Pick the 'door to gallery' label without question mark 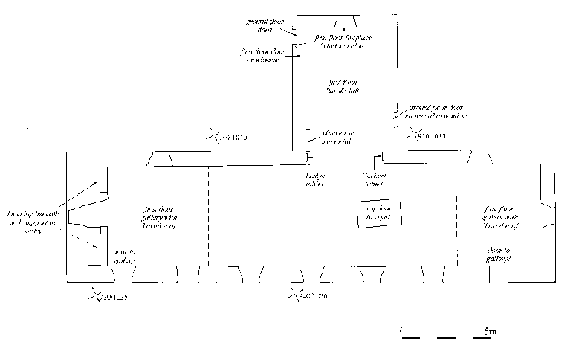click(123, 257)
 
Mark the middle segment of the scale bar click(447, 338)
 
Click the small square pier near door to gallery click(106, 230)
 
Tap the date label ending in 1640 click(231, 138)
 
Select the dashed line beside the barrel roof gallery click(209, 216)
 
